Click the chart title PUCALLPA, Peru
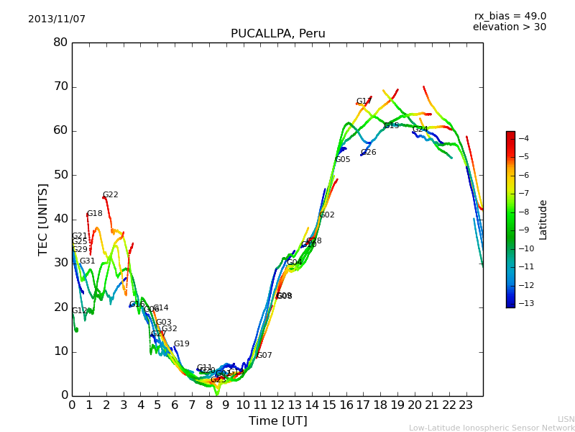(277, 34)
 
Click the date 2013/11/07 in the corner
(57, 19)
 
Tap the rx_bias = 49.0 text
(510, 17)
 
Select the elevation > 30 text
(509, 27)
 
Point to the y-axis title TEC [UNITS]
(43, 220)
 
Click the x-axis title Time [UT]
(277, 420)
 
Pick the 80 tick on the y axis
(60, 42)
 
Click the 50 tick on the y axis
(60, 175)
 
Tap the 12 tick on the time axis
(277, 405)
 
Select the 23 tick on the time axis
(466, 405)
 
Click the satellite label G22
(111, 195)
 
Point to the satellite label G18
(94, 214)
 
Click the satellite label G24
(420, 130)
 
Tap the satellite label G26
(369, 153)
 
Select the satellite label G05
(343, 160)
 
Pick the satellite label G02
(327, 215)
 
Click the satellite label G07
(264, 356)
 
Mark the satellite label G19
(182, 344)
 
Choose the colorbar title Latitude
(543, 220)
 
